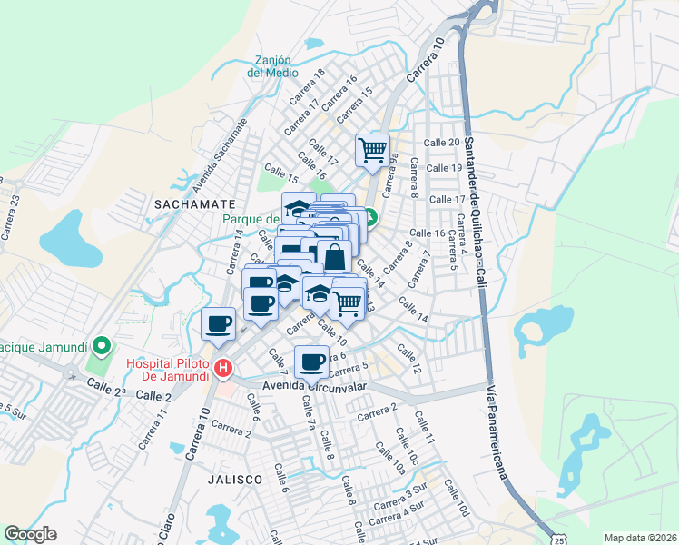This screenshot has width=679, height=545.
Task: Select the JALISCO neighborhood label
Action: coord(233,478)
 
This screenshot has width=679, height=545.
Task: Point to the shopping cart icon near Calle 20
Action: coord(372,150)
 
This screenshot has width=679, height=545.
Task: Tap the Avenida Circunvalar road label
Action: coord(314,386)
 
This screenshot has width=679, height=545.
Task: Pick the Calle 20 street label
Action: coord(441,143)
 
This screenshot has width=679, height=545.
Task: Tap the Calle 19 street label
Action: coord(445,169)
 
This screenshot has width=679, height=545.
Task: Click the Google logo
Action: coord(30,534)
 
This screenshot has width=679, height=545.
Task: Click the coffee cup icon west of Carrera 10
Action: coord(219,324)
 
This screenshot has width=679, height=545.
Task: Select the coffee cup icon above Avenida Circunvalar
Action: coord(311,361)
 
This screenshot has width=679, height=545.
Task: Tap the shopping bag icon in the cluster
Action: coord(334,256)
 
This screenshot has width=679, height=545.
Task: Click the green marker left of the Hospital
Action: coord(103,346)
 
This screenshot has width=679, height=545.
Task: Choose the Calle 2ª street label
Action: coord(104,388)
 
